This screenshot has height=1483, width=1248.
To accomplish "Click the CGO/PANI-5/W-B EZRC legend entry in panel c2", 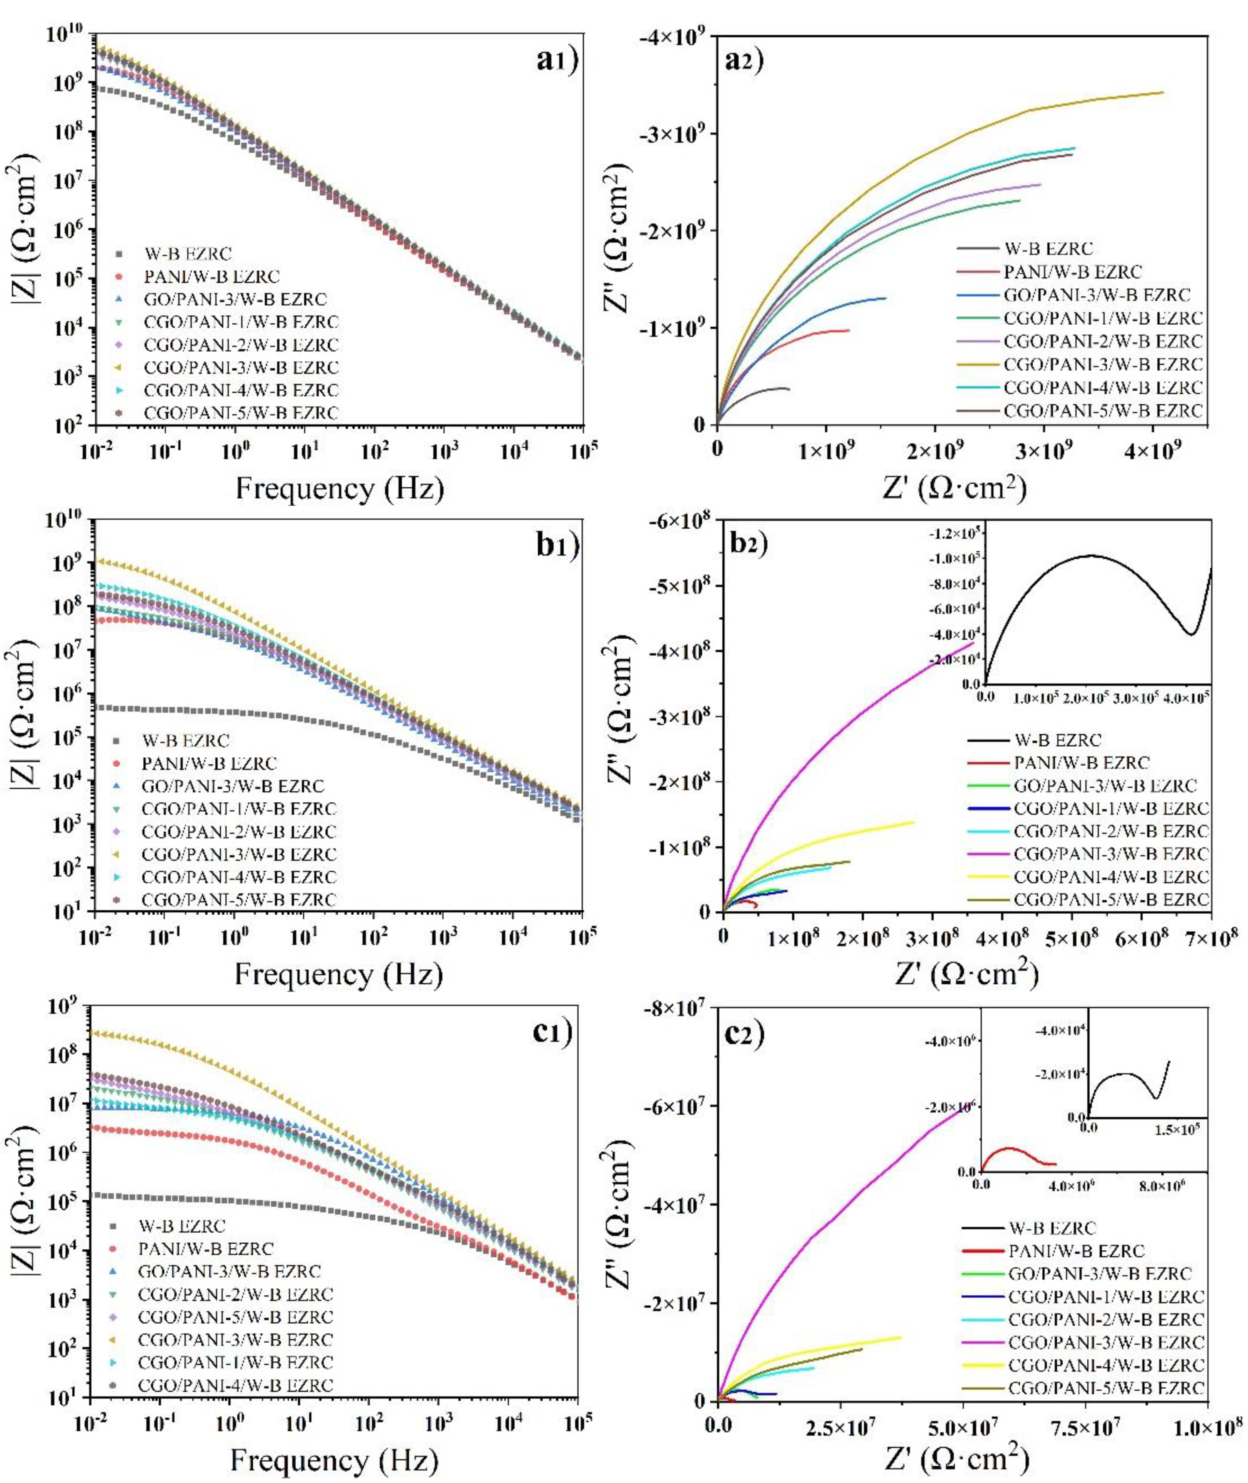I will pos(1105,1388).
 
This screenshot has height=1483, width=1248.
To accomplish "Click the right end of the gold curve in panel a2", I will pos(1162,93).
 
